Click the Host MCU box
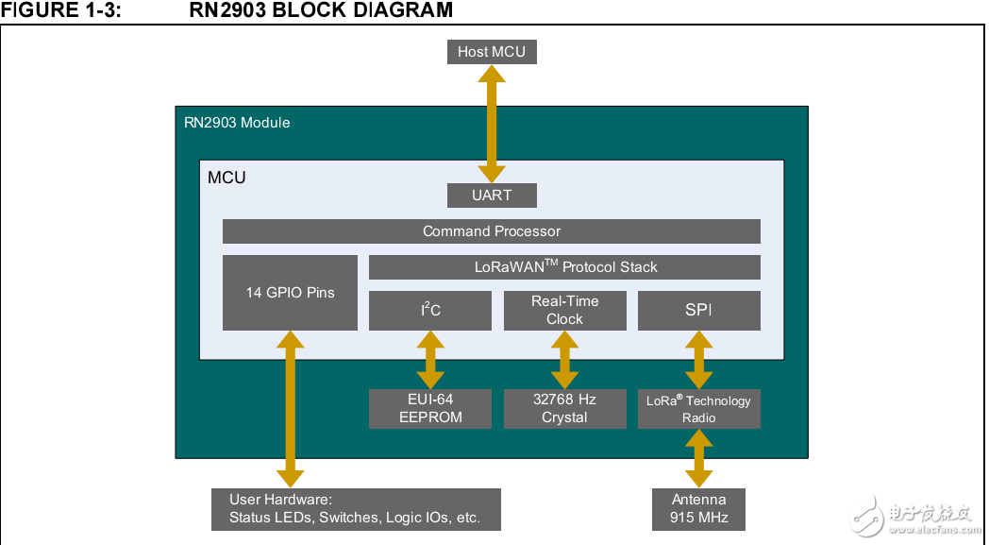click(x=492, y=51)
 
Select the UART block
click(x=492, y=196)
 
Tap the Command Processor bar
click(x=492, y=231)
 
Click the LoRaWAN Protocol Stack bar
click(x=564, y=267)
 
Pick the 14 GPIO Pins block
click(x=290, y=293)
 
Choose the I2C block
click(x=430, y=311)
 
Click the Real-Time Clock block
click(x=564, y=311)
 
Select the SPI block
click(x=698, y=311)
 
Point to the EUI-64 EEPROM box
click(x=430, y=408)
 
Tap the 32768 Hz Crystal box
click(x=564, y=408)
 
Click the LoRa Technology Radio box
click(x=698, y=408)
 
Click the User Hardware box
click(x=356, y=509)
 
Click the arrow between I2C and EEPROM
click(x=430, y=359)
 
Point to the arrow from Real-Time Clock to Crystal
click(x=564, y=359)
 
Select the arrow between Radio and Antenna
click(x=698, y=458)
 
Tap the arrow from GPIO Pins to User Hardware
click(x=290, y=409)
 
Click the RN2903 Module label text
click(x=237, y=123)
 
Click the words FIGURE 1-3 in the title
click(x=61, y=10)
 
